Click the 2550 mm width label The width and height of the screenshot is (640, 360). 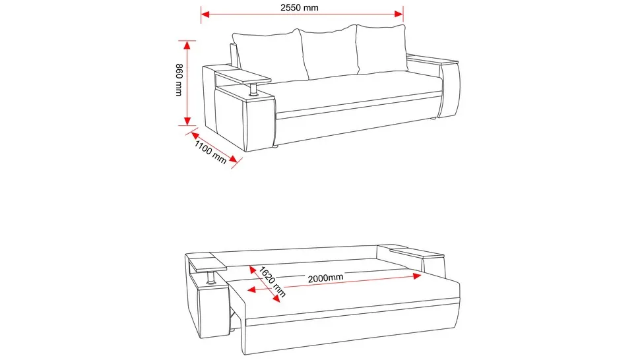(x=299, y=7)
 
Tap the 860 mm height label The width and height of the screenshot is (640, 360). (x=179, y=80)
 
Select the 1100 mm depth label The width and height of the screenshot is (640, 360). (x=210, y=152)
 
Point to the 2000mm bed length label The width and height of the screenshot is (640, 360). (x=325, y=278)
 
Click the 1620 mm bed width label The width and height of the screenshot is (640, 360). (x=272, y=282)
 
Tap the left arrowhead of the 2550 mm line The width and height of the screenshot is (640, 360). (x=205, y=15)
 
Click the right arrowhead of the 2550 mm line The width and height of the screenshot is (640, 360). (x=399, y=15)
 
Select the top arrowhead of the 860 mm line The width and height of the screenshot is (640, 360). (x=187, y=45)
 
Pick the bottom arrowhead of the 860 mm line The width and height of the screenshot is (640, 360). (x=187, y=121)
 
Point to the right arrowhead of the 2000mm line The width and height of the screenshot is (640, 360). (x=417, y=276)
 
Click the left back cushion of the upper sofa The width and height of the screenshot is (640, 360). (x=271, y=55)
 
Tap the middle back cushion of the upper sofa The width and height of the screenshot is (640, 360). (x=330, y=52)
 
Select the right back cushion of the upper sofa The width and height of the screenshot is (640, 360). (x=382, y=49)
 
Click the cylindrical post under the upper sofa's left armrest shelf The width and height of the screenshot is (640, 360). (x=253, y=89)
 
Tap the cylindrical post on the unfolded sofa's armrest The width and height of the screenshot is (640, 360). (x=211, y=277)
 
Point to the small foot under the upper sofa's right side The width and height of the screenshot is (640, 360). (x=432, y=119)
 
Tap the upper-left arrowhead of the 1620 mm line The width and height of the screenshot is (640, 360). (x=253, y=270)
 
